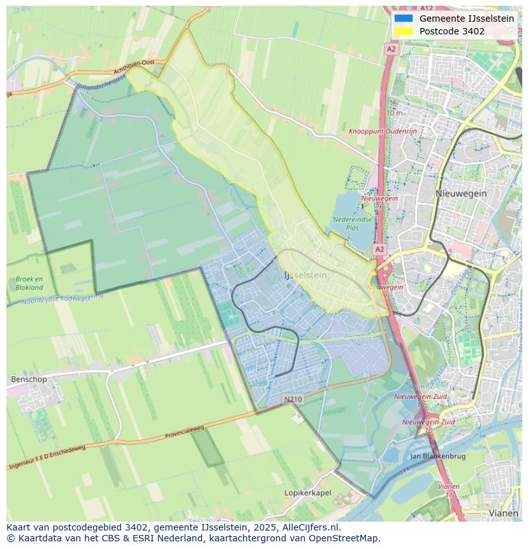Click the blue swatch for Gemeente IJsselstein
point(404,18)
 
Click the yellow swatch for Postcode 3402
point(404,31)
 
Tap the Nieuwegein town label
point(461,193)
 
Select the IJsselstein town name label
point(305,275)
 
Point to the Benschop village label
point(29,379)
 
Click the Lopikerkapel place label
point(307,493)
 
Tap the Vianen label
point(503,513)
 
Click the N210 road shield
point(293,399)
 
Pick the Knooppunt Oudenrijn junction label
point(382,131)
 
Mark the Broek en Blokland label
point(29,283)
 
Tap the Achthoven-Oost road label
point(134,68)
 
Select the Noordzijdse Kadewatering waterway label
point(62,300)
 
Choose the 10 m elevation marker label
point(394,113)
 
